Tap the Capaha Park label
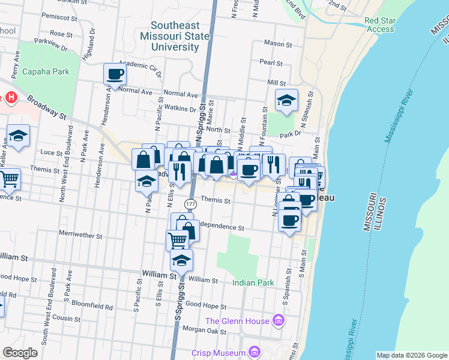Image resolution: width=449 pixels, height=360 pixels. point(46,72)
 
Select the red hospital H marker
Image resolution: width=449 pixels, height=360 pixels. point(11,98)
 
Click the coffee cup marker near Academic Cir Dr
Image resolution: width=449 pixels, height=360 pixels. point(115,75)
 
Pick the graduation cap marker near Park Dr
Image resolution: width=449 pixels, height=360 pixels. point(287,100)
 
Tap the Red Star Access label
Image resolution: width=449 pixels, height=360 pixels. point(380,25)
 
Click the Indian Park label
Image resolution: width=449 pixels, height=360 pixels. point(253,283)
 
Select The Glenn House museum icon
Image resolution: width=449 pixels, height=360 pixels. point(277,321)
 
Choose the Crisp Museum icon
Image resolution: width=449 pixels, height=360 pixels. point(255,352)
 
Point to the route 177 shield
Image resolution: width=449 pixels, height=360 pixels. point(190,205)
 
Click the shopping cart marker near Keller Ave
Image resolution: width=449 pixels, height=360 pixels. point(8,179)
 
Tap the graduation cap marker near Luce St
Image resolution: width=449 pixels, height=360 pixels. point(19,136)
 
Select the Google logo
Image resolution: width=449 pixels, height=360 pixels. point(20,353)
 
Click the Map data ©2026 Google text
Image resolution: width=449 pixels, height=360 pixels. point(412,355)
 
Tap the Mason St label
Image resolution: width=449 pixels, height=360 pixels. point(279,44)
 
